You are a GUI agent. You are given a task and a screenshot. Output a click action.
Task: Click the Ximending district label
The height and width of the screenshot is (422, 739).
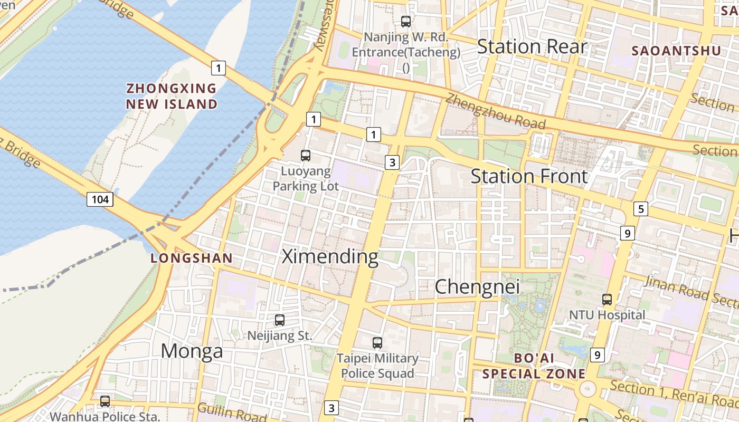coord(330,257)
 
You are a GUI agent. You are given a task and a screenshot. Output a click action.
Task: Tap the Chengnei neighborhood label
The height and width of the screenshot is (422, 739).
coord(477,287)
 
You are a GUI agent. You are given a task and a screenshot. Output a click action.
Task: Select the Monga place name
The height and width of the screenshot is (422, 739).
coord(192,351)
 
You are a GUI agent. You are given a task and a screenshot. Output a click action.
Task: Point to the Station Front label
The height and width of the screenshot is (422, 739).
coord(528,176)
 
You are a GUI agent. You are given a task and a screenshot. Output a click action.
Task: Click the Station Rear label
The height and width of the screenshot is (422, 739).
coord(532,46)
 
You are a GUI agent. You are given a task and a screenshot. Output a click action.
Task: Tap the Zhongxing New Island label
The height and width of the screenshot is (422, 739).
coord(172,96)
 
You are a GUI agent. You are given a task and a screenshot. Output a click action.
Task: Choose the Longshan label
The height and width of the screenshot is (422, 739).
coord(192,258)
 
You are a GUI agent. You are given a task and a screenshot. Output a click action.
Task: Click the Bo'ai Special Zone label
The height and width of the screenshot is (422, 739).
coord(534,366)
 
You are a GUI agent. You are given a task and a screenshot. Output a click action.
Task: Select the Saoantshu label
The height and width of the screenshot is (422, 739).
coord(676,51)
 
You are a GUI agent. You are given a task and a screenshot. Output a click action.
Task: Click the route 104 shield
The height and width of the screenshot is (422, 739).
coord(100,199)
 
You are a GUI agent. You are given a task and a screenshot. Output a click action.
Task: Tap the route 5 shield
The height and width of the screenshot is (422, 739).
coord(641,209)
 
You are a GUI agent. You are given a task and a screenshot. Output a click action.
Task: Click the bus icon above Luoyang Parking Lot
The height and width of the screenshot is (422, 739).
coord(306,156)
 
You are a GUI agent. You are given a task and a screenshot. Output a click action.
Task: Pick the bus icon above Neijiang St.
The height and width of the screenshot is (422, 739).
coord(280,320)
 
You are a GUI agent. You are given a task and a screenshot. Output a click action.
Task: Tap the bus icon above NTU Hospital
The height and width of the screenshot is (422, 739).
coord(607,300)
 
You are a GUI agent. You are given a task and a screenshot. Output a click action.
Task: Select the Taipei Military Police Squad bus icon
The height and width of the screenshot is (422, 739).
coord(377,343)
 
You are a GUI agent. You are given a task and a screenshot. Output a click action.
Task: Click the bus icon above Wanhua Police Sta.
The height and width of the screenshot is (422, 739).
coord(105,401)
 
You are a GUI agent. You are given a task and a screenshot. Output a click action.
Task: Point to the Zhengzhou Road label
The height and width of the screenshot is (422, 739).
coord(495,111)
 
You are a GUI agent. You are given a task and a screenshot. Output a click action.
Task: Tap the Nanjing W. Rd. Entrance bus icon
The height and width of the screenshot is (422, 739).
coord(405,22)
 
